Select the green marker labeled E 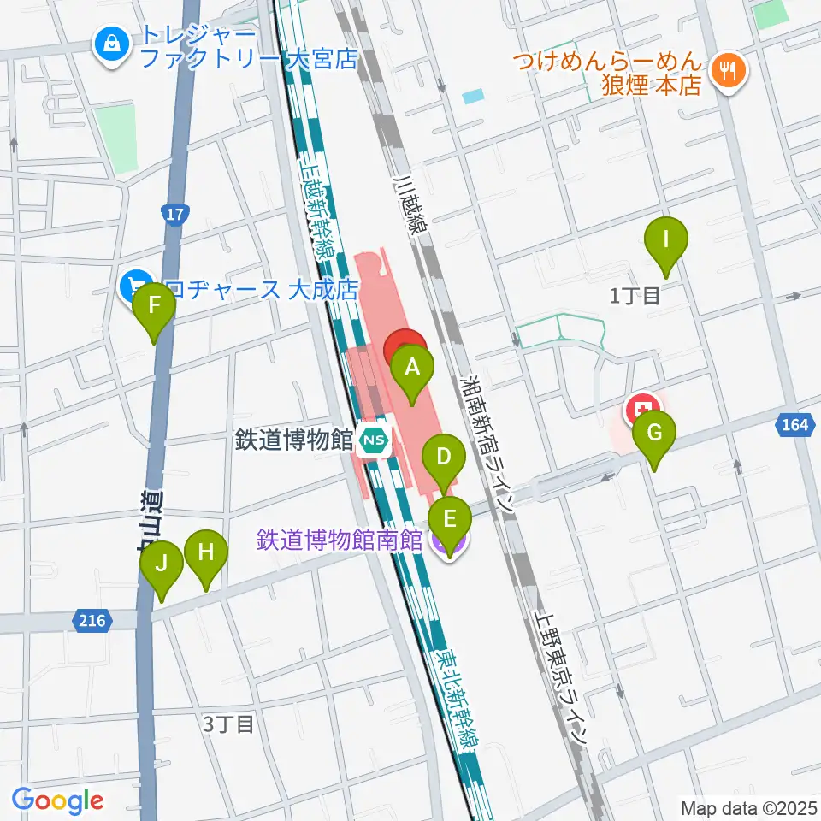[449, 518]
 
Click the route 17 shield [174, 214]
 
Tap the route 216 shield [92, 621]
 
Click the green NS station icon [373, 440]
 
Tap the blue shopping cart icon [134, 284]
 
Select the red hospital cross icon [642, 407]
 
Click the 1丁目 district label [635, 297]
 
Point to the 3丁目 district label [228, 724]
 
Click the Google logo [57, 801]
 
